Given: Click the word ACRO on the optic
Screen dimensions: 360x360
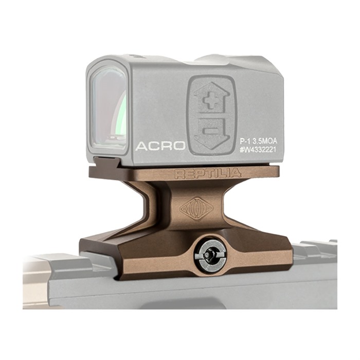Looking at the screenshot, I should point(160,146).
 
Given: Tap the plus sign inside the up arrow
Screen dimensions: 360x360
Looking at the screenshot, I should point(211,101).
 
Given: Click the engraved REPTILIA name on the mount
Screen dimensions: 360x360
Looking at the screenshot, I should point(208,173).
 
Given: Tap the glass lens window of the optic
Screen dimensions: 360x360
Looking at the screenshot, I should point(108,108).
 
